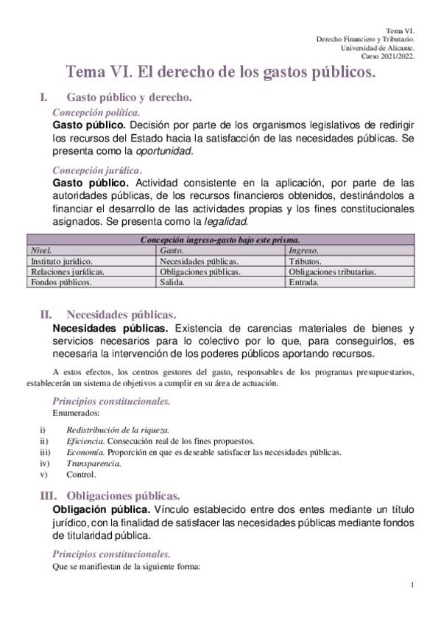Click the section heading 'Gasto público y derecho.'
click(x=130, y=97)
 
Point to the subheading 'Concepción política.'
click(x=96, y=112)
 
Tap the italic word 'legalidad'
click(x=226, y=221)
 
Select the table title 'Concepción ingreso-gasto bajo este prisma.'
click(x=221, y=240)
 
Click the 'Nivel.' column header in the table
click(x=40, y=251)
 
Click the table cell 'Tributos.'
click(x=305, y=261)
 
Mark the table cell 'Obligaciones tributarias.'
click(x=333, y=271)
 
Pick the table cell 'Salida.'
click(x=174, y=282)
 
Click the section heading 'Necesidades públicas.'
click(x=121, y=313)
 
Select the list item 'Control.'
click(x=81, y=474)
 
